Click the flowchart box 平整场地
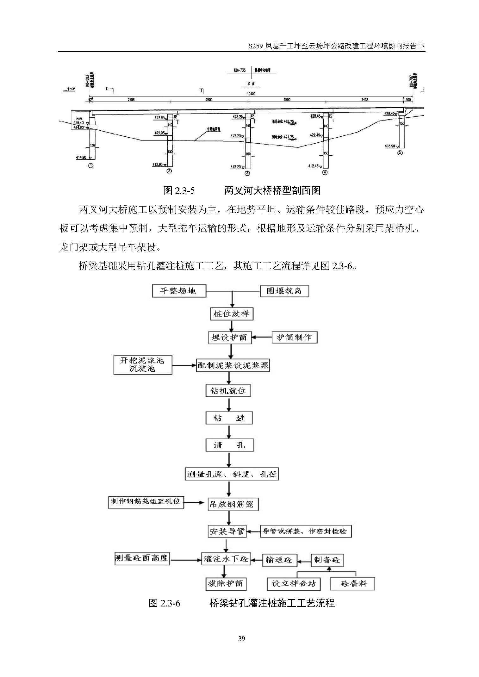pos(179,291)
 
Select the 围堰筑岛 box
pos(284,291)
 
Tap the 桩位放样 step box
pos(232,314)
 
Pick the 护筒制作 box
pos(294,337)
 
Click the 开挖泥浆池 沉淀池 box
pos(143,364)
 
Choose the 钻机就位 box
pos(228,391)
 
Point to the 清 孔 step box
pos(229,445)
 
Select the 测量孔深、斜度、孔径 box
pos(232,474)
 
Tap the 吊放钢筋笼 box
pos(233,504)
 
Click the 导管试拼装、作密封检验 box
pos(305,531)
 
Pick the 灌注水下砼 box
pos(226,559)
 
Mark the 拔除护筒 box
pos(226,583)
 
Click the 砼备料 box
pos(352,584)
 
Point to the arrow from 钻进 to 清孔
pos(229,431)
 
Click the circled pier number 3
pos(247,173)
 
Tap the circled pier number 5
pos(400,153)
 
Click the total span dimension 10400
pos(251,94)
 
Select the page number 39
pos(241,639)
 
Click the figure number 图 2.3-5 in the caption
pos(179,190)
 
